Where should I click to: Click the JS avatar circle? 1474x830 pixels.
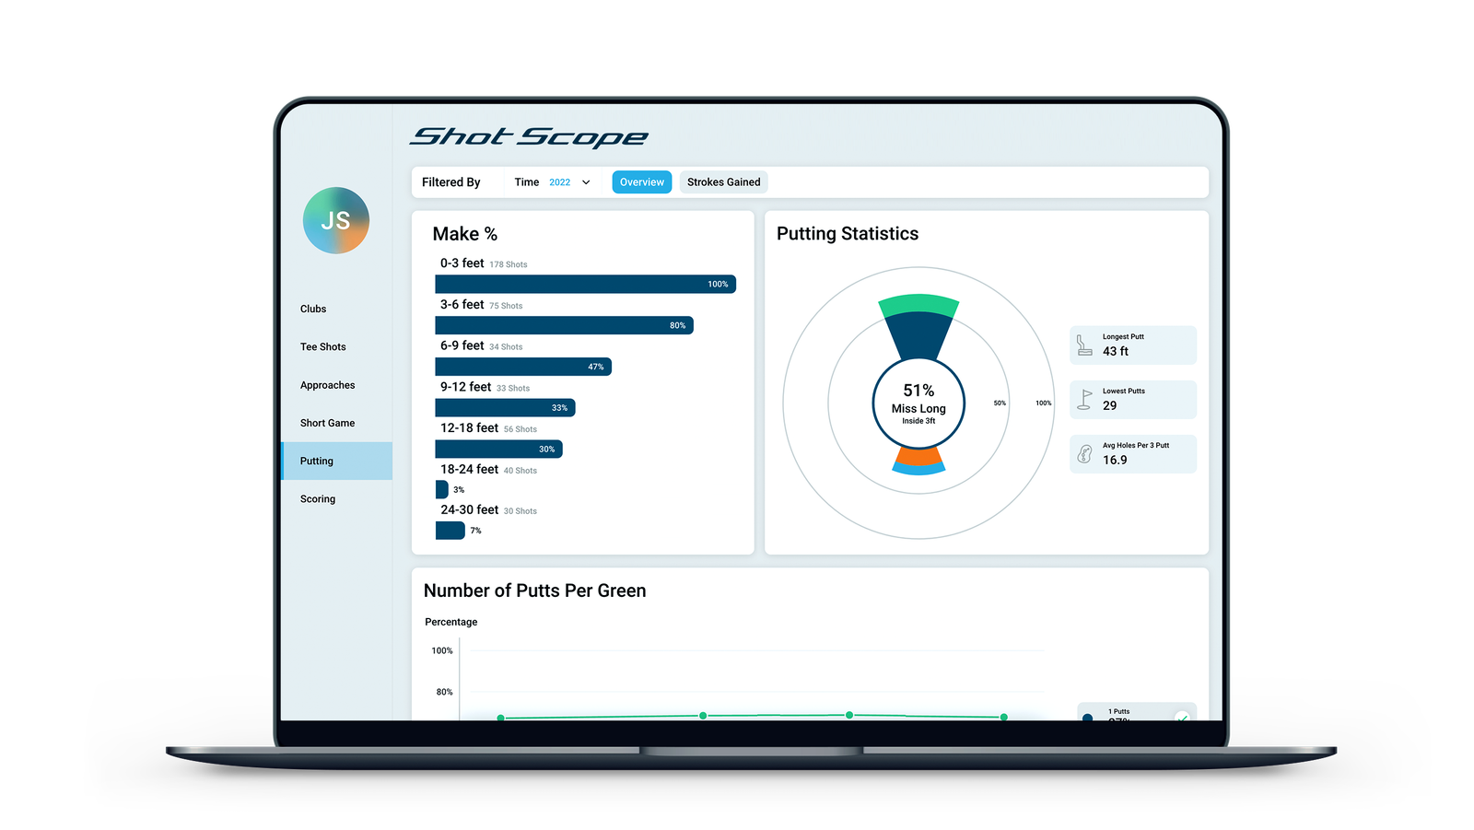coord(336,221)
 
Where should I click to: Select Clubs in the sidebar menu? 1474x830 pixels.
coord(313,310)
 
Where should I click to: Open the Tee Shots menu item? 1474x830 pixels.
coord(323,347)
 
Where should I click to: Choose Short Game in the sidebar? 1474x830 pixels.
coord(327,424)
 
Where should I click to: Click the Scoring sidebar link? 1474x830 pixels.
coord(318,499)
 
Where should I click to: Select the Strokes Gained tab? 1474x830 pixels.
coord(723,182)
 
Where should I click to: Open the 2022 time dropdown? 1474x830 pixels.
coord(569,182)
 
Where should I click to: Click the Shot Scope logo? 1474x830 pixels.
coord(529,137)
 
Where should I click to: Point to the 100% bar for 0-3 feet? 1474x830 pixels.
coord(585,285)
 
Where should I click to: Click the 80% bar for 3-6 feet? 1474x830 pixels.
coord(564,325)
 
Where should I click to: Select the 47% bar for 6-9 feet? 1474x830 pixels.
coord(522,367)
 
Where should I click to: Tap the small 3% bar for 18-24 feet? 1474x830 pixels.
coord(441,490)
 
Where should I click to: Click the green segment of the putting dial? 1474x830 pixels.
coord(918,305)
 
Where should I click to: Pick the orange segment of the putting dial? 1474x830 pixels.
coord(918,456)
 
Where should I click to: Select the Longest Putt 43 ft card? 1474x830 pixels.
coord(1132,345)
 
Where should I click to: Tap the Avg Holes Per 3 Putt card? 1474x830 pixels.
coord(1132,454)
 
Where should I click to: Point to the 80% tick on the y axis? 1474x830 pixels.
coord(444,692)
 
